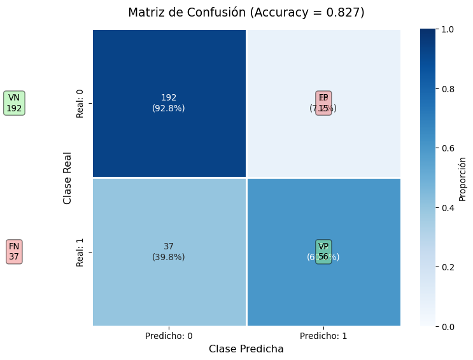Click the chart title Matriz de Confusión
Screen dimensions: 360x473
coord(246,13)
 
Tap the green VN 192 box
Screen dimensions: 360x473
coord(14,103)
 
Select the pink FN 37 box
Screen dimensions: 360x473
coord(14,251)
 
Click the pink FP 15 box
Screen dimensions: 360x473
coord(323,103)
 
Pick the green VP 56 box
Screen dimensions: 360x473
coord(323,251)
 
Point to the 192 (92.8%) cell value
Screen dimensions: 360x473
coord(169,103)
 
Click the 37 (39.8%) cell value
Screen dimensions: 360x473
coord(169,251)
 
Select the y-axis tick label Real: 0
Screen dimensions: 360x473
coord(80,103)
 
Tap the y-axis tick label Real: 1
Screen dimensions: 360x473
coord(80,251)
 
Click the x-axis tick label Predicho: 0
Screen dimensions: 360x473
coord(169,336)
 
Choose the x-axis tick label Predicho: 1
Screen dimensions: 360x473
coord(323,336)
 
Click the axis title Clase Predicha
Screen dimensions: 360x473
coord(246,349)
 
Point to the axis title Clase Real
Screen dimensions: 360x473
coord(67,177)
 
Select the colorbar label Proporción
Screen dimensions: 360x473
coord(463,178)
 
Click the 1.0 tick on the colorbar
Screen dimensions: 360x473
coord(448,30)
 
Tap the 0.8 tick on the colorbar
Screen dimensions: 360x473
coord(448,89)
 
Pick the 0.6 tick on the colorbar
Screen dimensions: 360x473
coord(448,148)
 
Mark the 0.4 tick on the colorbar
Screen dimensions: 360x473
coord(448,208)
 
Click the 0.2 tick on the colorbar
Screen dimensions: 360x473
coord(448,267)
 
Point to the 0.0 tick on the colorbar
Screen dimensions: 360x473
coord(448,326)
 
